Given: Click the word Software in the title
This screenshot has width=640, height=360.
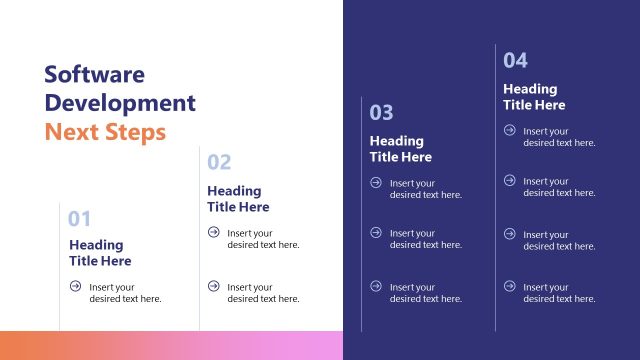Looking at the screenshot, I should pyautogui.click(x=95, y=74).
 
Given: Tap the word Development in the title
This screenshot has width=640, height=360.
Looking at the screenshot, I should pyautogui.click(x=120, y=103).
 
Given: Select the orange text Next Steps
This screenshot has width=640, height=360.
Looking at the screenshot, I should pyautogui.click(x=105, y=132).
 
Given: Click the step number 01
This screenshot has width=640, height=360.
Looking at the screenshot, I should pyautogui.click(x=80, y=219).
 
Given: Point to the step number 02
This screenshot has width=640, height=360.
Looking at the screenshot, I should pyautogui.click(x=219, y=162).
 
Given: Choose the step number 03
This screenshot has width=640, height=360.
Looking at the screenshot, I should pyautogui.click(x=382, y=112).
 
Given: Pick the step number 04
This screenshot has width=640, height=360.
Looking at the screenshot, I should pyautogui.click(x=515, y=60).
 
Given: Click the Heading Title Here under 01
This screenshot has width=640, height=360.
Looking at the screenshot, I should pyautogui.click(x=100, y=253).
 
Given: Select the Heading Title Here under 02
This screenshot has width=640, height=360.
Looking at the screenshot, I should pyautogui.click(x=238, y=199).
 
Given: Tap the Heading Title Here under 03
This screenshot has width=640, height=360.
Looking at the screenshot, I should pyautogui.click(x=401, y=149).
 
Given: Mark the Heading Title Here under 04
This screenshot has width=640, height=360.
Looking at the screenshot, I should pyautogui.click(x=534, y=97).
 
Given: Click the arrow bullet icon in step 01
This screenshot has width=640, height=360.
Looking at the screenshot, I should pyautogui.click(x=75, y=286).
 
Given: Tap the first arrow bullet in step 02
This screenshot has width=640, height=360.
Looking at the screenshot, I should pyautogui.click(x=213, y=232).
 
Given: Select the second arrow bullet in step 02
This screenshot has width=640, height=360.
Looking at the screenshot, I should pyautogui.click(x=213, y=286).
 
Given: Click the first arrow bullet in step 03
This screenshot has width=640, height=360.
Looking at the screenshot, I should pyautogui.click(x=376, y=182).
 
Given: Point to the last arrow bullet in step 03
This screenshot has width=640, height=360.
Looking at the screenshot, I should pyautogui.click(x=376, y=286).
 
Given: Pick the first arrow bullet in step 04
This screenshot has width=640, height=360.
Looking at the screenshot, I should pyautogui.click(x=509, y=130).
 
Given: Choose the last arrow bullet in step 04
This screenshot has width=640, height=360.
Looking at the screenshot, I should pyautogui.click(x=509, y=286).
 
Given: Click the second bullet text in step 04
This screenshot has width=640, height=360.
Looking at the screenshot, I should pyautogui.click(x=559, y=187).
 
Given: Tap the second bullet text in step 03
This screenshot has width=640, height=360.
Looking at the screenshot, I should pyautogui.click(x=426, y=239).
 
